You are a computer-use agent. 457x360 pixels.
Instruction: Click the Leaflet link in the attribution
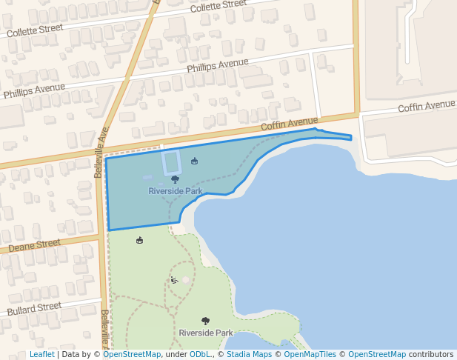[x=41, y=354]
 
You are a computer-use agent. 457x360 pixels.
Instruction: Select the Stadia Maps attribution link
[x=249, y=354]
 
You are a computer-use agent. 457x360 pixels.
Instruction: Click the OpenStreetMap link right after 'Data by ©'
[x=131, y=354]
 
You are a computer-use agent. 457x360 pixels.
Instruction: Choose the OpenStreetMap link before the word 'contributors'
[x=376, y=354]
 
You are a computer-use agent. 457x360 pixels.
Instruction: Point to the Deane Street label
[x=35, y=244]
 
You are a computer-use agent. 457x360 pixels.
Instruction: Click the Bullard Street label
[x=34, y=307]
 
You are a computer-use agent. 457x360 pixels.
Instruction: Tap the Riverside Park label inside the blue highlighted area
[x=176, y=191]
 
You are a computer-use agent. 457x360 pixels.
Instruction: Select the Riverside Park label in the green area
[x=206, y=333]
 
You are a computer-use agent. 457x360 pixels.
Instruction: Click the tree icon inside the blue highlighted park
[x=175, y=179]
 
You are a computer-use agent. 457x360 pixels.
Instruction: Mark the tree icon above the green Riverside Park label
[x=205, y=321]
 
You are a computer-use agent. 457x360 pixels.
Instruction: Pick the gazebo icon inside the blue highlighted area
[x=194, y=161]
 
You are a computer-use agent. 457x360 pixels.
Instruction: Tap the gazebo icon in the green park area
[x=139, y=240]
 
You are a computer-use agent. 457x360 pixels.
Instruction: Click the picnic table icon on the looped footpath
[x=174, y=280]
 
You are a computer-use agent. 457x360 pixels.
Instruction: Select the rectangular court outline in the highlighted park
[x=172, y=161]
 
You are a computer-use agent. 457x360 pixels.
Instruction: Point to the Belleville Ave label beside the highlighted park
[x=101, y=152]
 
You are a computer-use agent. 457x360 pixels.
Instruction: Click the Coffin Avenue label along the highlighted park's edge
[x=289, y=124]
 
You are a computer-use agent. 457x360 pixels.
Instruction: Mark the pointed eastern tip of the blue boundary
[x=350, y=137]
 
